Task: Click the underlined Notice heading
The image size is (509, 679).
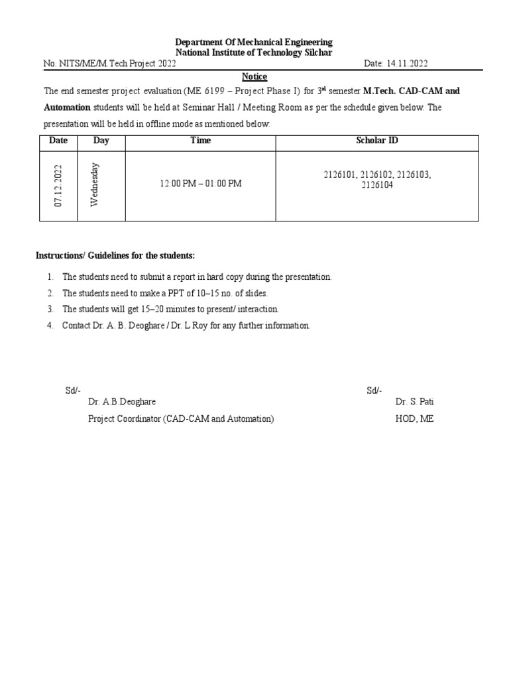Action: click(x=254, y=77)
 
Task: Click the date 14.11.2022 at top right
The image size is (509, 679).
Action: click(x=408, y=64)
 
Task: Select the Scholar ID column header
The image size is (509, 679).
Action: click(x=376, y=141)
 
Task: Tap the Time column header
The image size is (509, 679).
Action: click(x=200, y=141)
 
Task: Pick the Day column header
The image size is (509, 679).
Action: click(x=101, y=141)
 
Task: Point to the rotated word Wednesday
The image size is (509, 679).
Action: click(x=95, y=184)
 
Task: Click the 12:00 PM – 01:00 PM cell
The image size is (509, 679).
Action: click(x=200, y=183)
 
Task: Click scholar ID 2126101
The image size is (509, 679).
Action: click(x=340, y=175)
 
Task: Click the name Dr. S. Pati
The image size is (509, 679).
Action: click(x=415, y=402)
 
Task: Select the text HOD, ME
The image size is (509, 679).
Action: click(x=414, y=419)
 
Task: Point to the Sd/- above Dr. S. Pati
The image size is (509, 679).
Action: click(x=374, y=391)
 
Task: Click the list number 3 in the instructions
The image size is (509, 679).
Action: click(x=50, y=309)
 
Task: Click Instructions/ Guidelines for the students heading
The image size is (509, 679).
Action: click(x=115, y=256)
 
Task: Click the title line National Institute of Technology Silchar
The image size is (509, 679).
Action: click(x=253, y=52)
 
